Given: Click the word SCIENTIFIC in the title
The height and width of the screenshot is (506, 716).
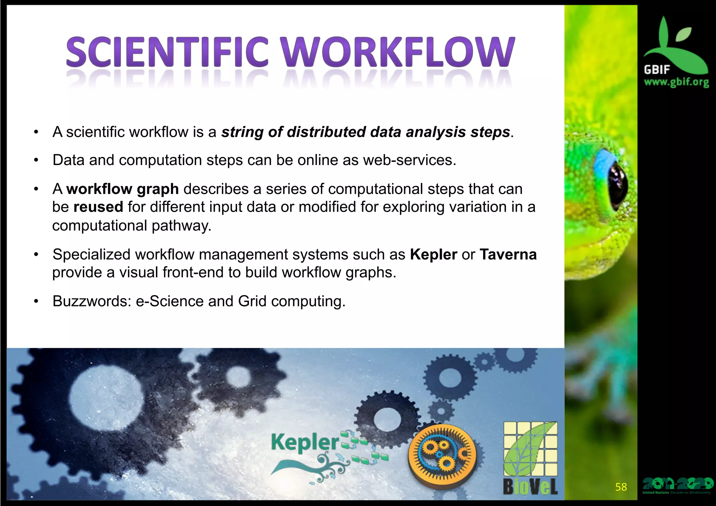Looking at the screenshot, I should pyautogui.click(x=167, y=52).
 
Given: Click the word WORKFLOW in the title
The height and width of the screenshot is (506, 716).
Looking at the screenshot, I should pyautogui.click(x=399, y=52).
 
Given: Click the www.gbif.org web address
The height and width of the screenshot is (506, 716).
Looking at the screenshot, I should pyautogui.click(x=676, y=82).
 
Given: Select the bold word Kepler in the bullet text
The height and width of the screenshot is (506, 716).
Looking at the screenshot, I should pyautogui.click(x=433, y=254).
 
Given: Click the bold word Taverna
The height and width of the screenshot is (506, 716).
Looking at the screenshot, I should pyautogui.click(x=508, y=254).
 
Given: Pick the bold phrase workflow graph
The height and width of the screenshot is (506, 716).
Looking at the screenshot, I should pyautogui.click(x=122, y=189).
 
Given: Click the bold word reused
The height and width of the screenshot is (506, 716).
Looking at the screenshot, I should pyautogui.click(x=98, y=207).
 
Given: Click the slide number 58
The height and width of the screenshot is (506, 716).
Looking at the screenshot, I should pyautogui.click(x=621, y=487).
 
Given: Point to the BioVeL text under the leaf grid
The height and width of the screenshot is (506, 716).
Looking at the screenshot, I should pyautogui.click(x=530, y=486).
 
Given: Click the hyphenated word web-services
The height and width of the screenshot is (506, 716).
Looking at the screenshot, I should pyautogui.click(x=409, y=160).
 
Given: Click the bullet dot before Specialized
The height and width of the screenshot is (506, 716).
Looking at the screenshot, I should pyautogui.click(x=36, y=255).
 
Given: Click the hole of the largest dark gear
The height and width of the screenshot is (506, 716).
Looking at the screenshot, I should pyautogui.click(x=107, y=399).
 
